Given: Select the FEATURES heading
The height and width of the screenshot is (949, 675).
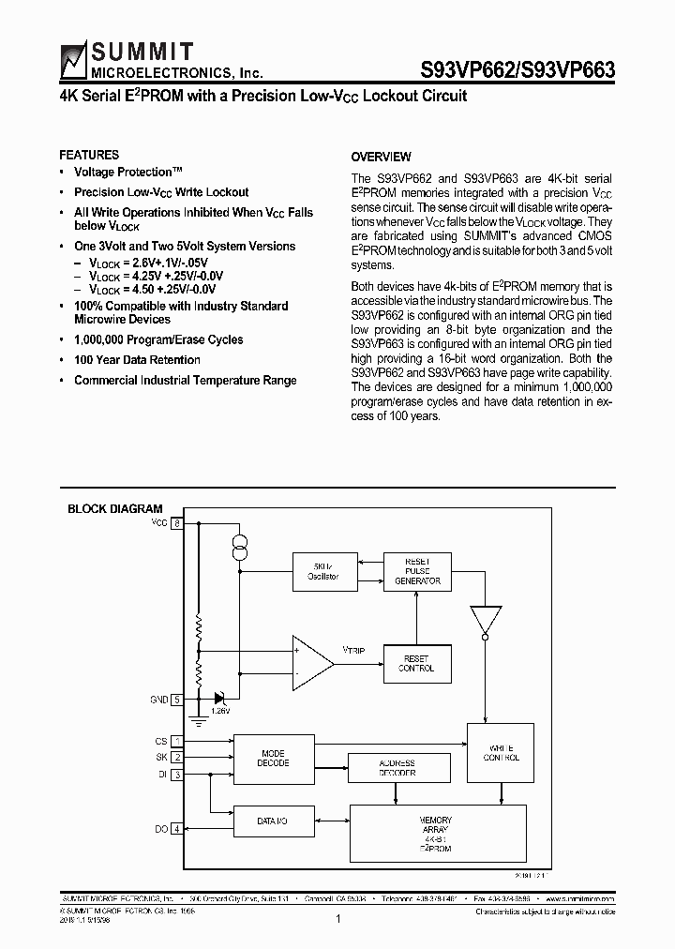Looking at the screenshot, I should (89, 155).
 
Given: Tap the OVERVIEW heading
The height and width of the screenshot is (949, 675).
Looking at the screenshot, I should (381, 157).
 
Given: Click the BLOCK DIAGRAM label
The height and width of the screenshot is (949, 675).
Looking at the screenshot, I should (115, 509).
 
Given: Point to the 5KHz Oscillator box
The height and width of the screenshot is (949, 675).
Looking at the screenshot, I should (316, 572).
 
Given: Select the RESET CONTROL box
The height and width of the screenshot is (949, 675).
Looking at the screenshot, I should (417, 664).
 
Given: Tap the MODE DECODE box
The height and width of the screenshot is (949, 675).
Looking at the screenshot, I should (274, 758).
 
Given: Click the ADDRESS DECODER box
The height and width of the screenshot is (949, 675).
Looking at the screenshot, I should (397, 768).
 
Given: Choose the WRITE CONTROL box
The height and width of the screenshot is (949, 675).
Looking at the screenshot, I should (502, 752).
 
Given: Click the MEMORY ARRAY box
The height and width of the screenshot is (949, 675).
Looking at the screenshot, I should (436, 833).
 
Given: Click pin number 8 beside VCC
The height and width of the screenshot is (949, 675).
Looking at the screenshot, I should (176, 522).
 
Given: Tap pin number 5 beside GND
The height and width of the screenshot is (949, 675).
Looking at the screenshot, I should (176, 699).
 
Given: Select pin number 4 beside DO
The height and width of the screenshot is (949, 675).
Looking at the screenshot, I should (176, 829).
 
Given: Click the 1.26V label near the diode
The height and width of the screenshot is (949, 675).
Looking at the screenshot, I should (220, 712).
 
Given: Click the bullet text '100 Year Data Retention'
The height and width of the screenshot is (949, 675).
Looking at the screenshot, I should (137, 360).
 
